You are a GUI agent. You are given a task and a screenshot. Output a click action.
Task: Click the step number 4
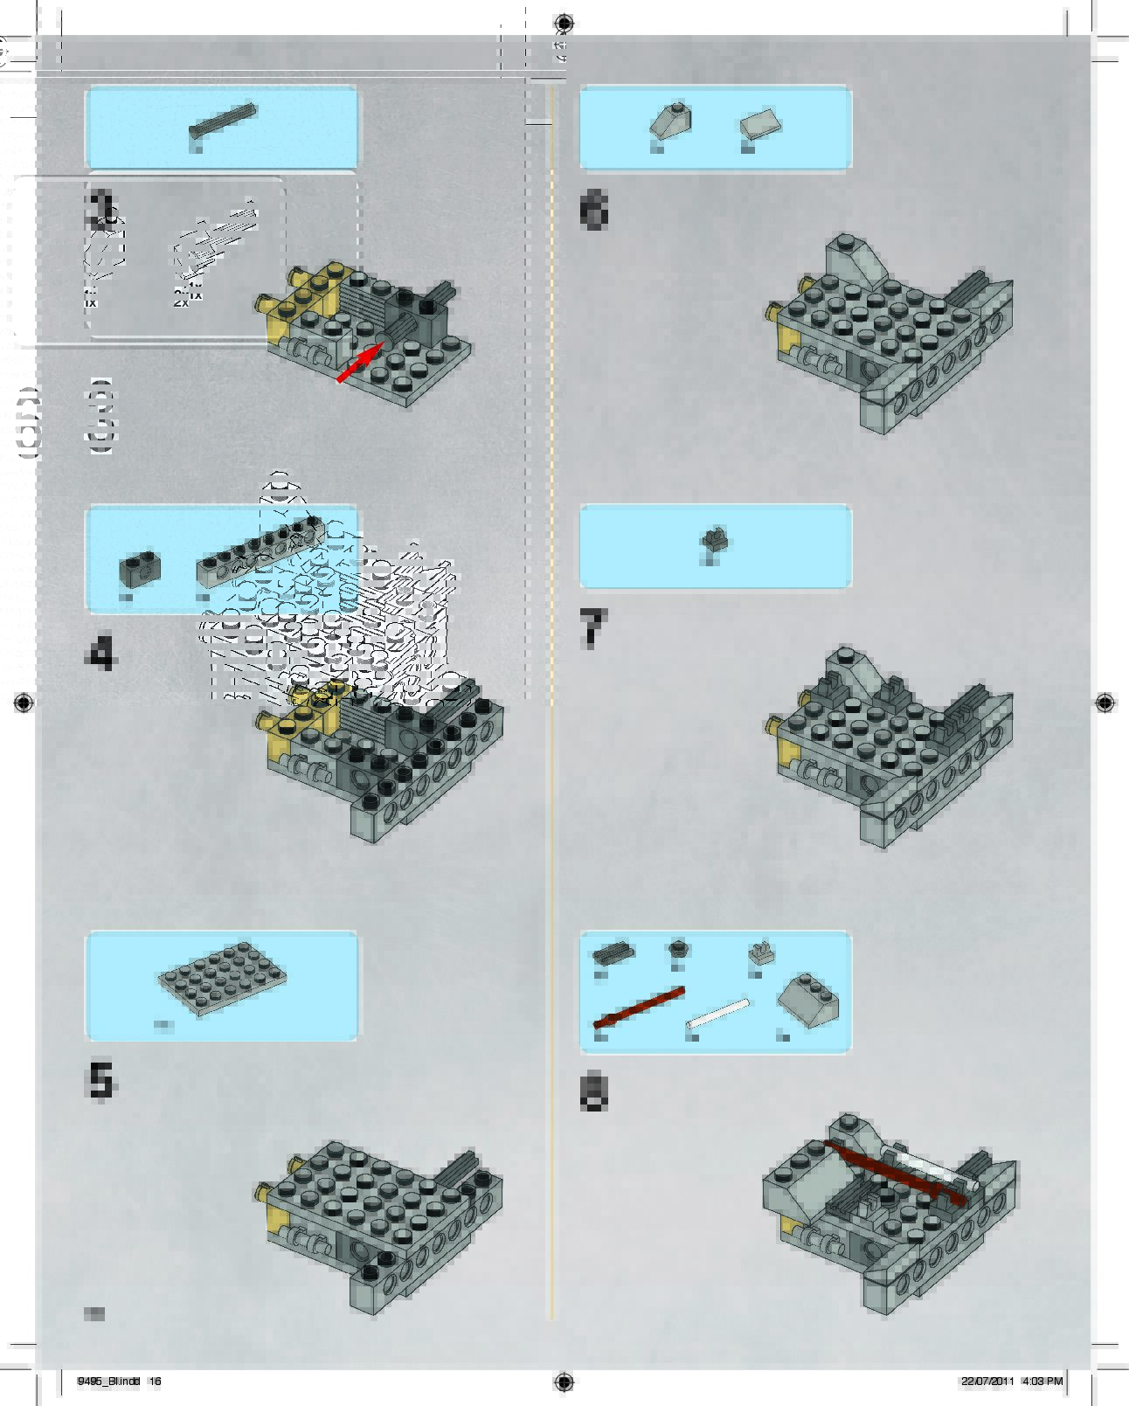pyautogui.click(x=101, y=654)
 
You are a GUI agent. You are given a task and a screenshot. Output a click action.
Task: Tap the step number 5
pyautogui.click(x=100, y=1080)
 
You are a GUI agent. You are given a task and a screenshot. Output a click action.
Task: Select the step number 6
pyautogui.click(x=594, y=211)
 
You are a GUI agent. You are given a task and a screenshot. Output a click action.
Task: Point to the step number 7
pyautogui.click(x=592, y=629)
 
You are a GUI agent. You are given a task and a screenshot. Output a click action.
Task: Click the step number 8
pyautogui.click(x=593, y=1092)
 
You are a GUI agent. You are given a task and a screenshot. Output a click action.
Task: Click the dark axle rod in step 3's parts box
pyautogui.click(x=223, y=121)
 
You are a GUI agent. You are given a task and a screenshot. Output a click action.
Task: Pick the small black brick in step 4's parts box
pyautogui.click(x=140, y=568)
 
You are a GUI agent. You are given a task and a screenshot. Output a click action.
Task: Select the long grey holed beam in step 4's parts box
pyautogui.click(x=260, y=553)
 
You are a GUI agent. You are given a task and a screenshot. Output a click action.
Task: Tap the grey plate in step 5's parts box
pyautogui.click(x=223, y=979)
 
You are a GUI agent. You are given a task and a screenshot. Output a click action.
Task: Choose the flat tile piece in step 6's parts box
pyautogui.click(x=760, y=125)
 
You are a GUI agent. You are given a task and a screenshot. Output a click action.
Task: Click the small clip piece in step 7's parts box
pyautogui.click(x=714, y=540)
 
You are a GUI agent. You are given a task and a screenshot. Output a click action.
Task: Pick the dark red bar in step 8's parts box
pyautogui.click(x=639, y=1008)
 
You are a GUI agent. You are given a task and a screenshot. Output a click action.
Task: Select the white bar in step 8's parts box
pyautogui.click(x=718, y=1014)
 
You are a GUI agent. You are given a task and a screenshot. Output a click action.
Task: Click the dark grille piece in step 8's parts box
pyautogui.click(x=613, y=952)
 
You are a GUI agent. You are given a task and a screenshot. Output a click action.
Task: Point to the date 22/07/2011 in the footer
pyautogui.click(x=987, y=1382)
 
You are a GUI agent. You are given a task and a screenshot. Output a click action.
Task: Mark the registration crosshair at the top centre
pyautogui.click(x=564, y=23)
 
